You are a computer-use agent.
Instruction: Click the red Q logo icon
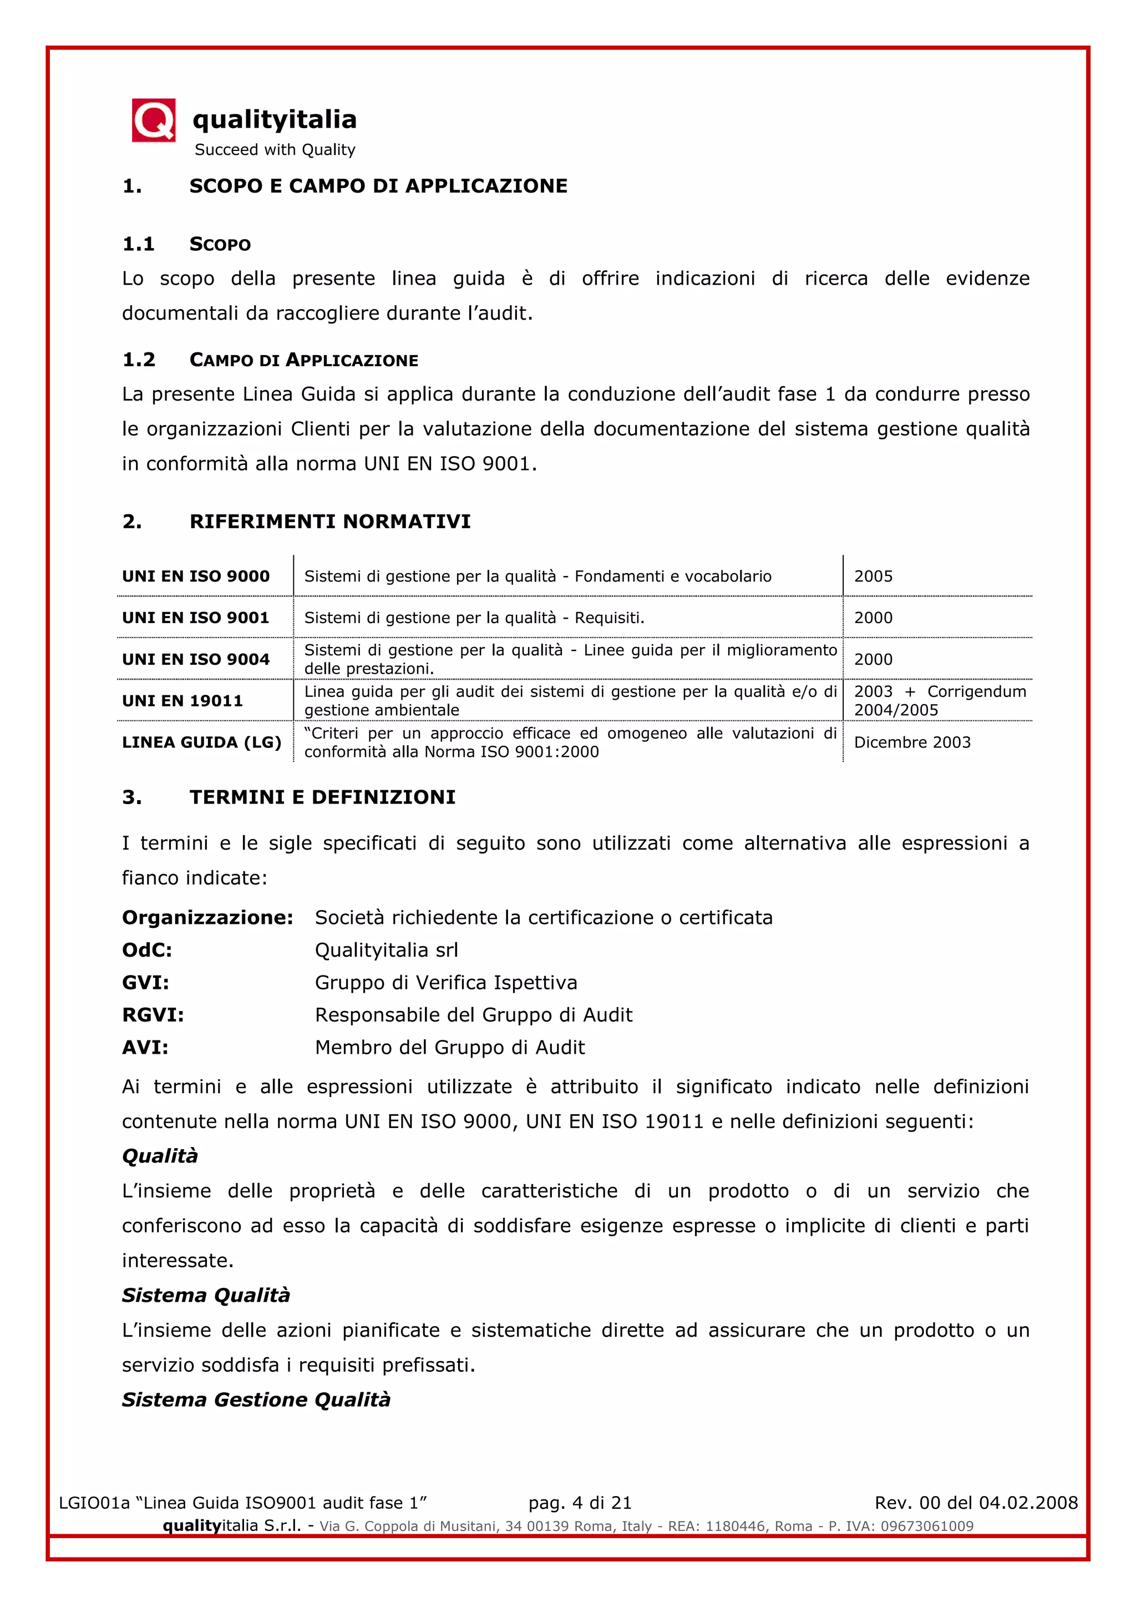tap(153, 120)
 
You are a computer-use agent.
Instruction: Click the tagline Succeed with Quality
tap(275, 150)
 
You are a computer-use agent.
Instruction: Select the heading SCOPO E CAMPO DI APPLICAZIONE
tap(378, 186)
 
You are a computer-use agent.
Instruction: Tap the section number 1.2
tap(139, 360)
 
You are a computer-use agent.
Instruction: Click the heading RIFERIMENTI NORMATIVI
tap(329, 522)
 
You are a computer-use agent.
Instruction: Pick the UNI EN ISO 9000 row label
tap(195, 576)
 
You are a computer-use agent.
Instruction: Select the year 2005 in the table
tap(873, 576)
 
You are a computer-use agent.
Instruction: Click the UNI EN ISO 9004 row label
tap(195, 659)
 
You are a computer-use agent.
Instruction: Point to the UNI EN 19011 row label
tap(182, 701)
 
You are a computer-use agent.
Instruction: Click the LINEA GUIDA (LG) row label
tap(201, 742)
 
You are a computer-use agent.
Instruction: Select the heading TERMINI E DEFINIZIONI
tap(322, 797)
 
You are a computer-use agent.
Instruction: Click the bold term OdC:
tap(147, 950)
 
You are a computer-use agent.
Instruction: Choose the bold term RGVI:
tap(153, 1015)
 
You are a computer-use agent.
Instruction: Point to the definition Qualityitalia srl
tap(386, 950)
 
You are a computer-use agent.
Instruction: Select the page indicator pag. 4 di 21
tap(580, 1503)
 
